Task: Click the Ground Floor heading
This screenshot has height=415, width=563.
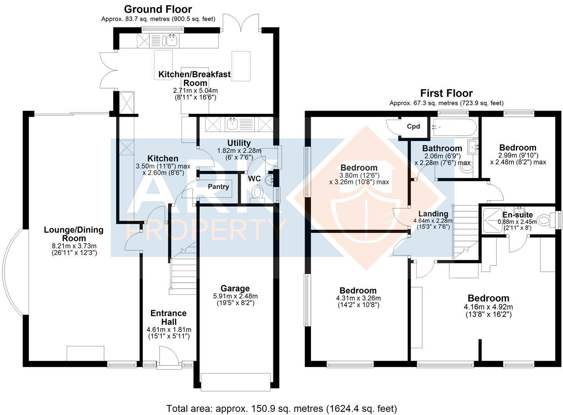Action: point(158,9)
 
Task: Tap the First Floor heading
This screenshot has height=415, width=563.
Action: point(446,93)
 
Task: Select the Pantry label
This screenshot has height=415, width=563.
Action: point(218,187)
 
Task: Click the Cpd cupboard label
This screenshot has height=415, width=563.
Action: point(413,126)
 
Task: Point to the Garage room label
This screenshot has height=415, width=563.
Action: point(235,288)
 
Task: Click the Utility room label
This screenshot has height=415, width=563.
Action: point(239,143)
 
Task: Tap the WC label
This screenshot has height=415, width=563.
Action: point(254,179)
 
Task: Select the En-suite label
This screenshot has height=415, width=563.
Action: point(518,215)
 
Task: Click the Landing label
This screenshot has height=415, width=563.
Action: point(433,214)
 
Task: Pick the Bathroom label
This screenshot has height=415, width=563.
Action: point(442,148)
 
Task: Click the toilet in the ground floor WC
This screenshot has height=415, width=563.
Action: point(257,192)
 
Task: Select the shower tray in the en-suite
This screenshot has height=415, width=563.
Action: point(491,220)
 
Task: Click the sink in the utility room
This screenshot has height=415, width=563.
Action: point(233,124)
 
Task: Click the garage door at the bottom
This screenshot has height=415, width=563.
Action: point(236,382)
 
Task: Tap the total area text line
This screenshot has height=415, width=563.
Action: point(281,409)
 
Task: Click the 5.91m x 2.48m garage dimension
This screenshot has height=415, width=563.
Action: point(235,296)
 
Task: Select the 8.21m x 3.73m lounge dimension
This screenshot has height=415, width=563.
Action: point(74,246)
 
